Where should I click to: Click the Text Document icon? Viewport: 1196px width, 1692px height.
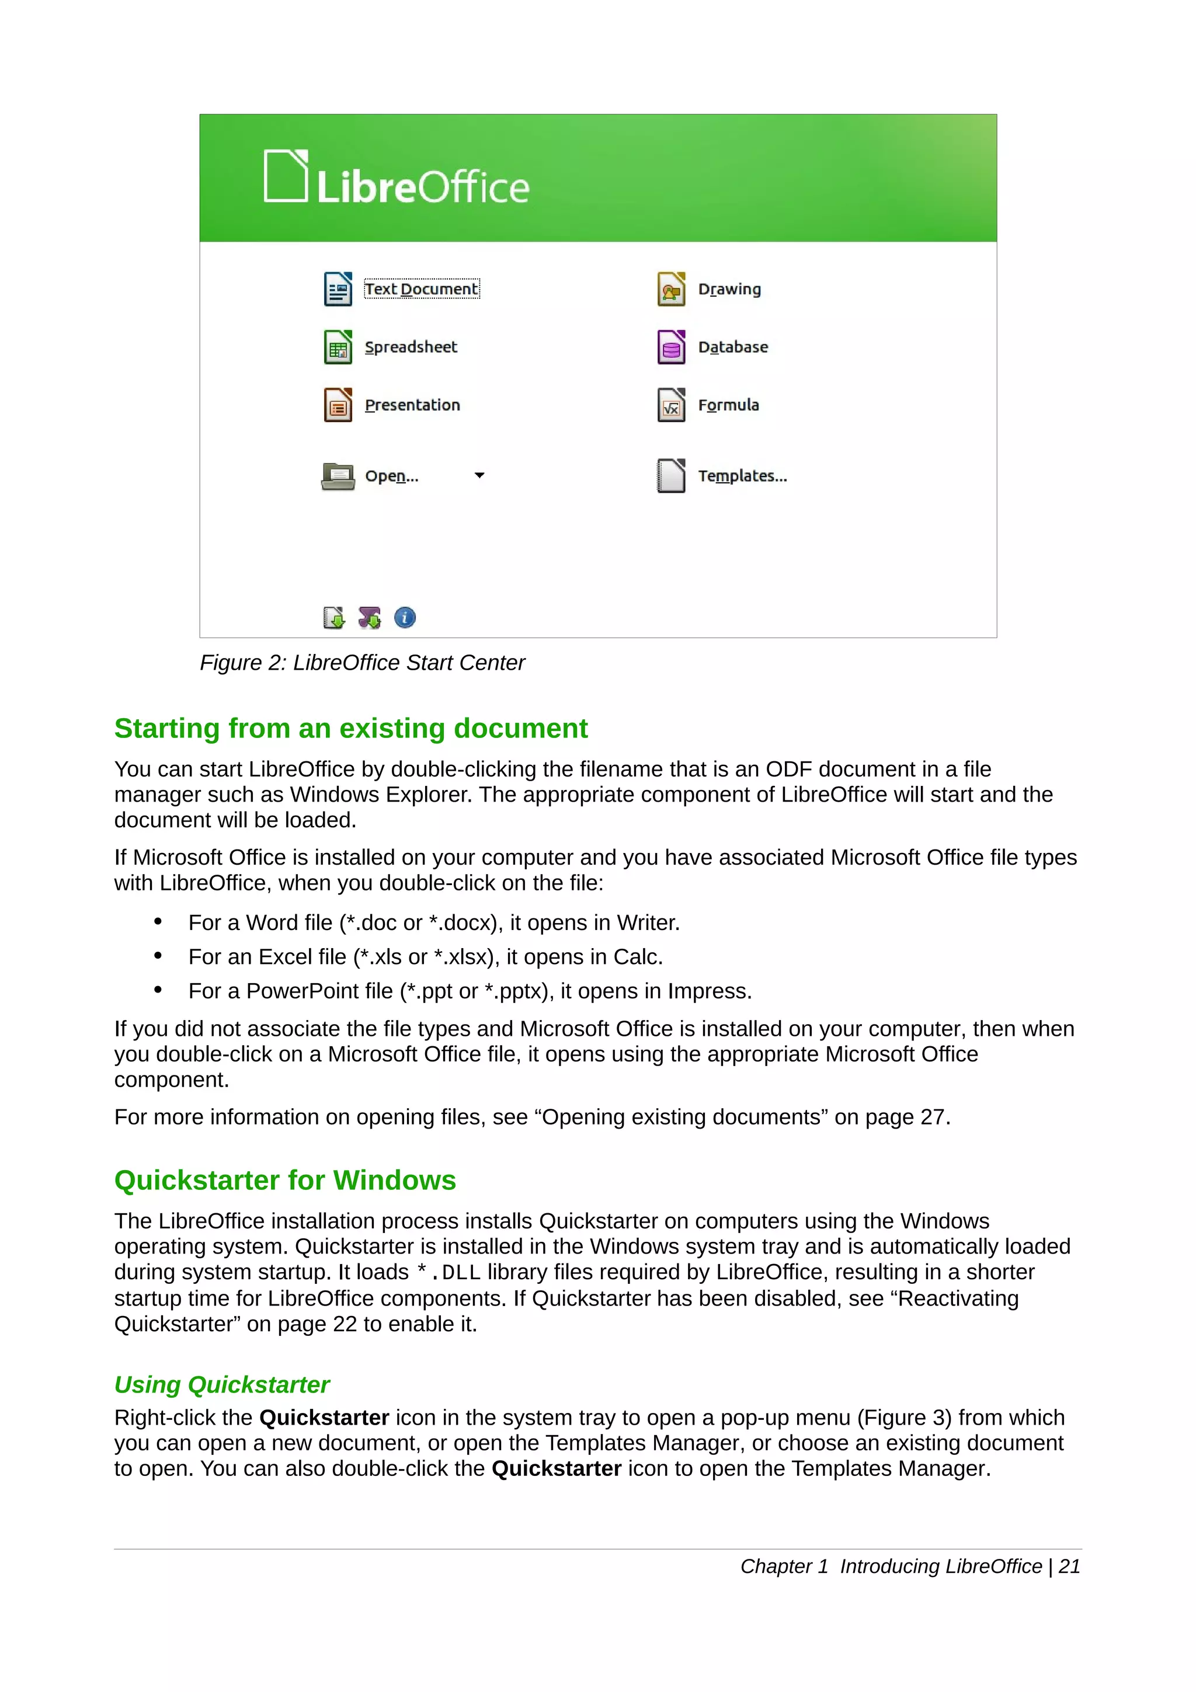(338, 289)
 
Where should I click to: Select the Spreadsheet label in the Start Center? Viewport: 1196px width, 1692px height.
(411, 347)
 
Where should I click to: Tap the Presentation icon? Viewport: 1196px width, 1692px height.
(338, 405)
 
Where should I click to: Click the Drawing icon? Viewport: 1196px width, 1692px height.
(670, 289)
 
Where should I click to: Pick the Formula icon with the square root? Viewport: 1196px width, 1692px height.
(670, 405)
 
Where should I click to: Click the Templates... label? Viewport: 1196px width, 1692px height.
(742, 476)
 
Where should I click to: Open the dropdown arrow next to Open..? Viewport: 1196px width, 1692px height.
(479, 475)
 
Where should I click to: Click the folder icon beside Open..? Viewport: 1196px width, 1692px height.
(338, 476)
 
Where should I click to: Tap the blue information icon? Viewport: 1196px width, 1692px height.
(405, 618)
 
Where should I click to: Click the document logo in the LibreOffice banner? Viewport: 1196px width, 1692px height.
(286, 176)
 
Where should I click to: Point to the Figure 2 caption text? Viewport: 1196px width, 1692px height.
(362, 663)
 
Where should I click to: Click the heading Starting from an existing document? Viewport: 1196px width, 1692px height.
(351, 728)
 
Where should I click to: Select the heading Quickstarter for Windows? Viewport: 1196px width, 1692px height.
(285, 1180)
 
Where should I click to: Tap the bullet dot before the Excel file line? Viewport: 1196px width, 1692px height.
(158, 956)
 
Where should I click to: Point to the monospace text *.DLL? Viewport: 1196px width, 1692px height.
(448, 1272)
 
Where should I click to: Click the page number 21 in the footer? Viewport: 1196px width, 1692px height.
(1069, 1566)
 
